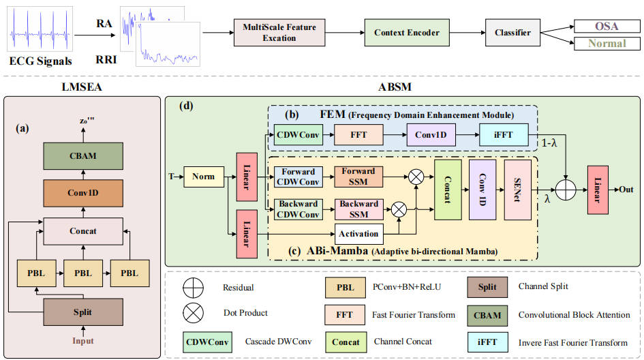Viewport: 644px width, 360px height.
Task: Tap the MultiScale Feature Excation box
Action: pyautogui.click(x=279, y=33)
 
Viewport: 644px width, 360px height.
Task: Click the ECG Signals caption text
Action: pyautogui.click(x=40, y=62)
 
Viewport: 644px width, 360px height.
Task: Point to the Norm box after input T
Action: pyautogui.click(x=204, y=177)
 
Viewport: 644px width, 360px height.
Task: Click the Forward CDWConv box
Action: pyautogui.click(x=297, y=177)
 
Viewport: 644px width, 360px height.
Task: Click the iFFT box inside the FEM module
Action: pyautogui.click(x=503, y=135)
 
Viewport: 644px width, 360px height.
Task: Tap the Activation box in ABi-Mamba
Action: pyautogui.click(x=358, y=234)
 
